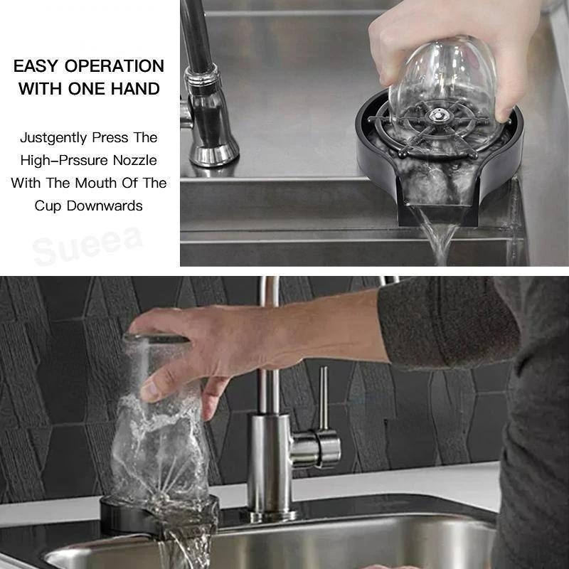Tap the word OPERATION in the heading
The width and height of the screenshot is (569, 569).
pos(114,66)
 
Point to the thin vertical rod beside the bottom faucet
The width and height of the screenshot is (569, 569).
pos(324,398)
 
